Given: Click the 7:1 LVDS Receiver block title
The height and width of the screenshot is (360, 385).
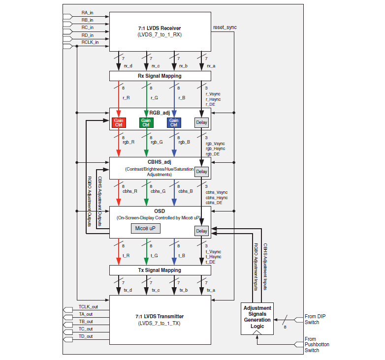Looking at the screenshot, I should pos(160,28).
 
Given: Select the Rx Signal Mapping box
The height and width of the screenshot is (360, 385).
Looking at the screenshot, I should pos(160,76).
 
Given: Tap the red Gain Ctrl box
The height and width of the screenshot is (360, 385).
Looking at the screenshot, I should pos(119,122).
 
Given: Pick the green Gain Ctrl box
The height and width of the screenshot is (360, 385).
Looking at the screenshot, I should pos(146,122).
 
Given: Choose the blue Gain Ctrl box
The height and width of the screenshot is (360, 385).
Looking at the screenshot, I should pos(174,122).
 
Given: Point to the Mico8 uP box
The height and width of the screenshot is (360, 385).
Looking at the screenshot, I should pos(146,228).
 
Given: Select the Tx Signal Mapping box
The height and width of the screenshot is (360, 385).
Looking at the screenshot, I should pos(160,270).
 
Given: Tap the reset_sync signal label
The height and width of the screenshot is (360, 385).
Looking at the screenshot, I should pos(225,27).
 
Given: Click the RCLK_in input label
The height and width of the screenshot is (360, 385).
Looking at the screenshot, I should pos(90,42).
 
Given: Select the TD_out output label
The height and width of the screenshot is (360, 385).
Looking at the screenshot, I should pos(86,336).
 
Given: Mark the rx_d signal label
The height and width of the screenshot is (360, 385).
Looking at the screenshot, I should pos(128,65).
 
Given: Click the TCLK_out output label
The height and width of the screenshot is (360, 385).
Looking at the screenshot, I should pos(88,306).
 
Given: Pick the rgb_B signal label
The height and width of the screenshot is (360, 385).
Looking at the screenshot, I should pos(185,142).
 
